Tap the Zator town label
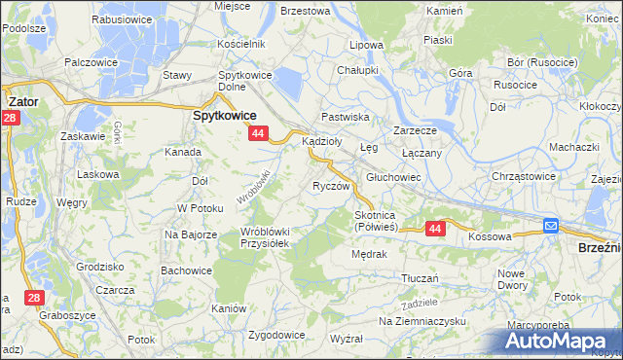[x=22, y=99]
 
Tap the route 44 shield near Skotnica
[x=435, y=228]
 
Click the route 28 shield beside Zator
[x=10, y=118]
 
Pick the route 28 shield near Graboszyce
[x=33, y=297]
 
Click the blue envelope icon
[x=550, y=227]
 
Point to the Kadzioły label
[x=322, y=141]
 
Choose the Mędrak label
[x=370, y=254]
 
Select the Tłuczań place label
[x=421, y=278]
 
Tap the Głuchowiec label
[x=393, y=177]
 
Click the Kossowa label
[x=490, y=236]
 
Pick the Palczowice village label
[x=91, y=62]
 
